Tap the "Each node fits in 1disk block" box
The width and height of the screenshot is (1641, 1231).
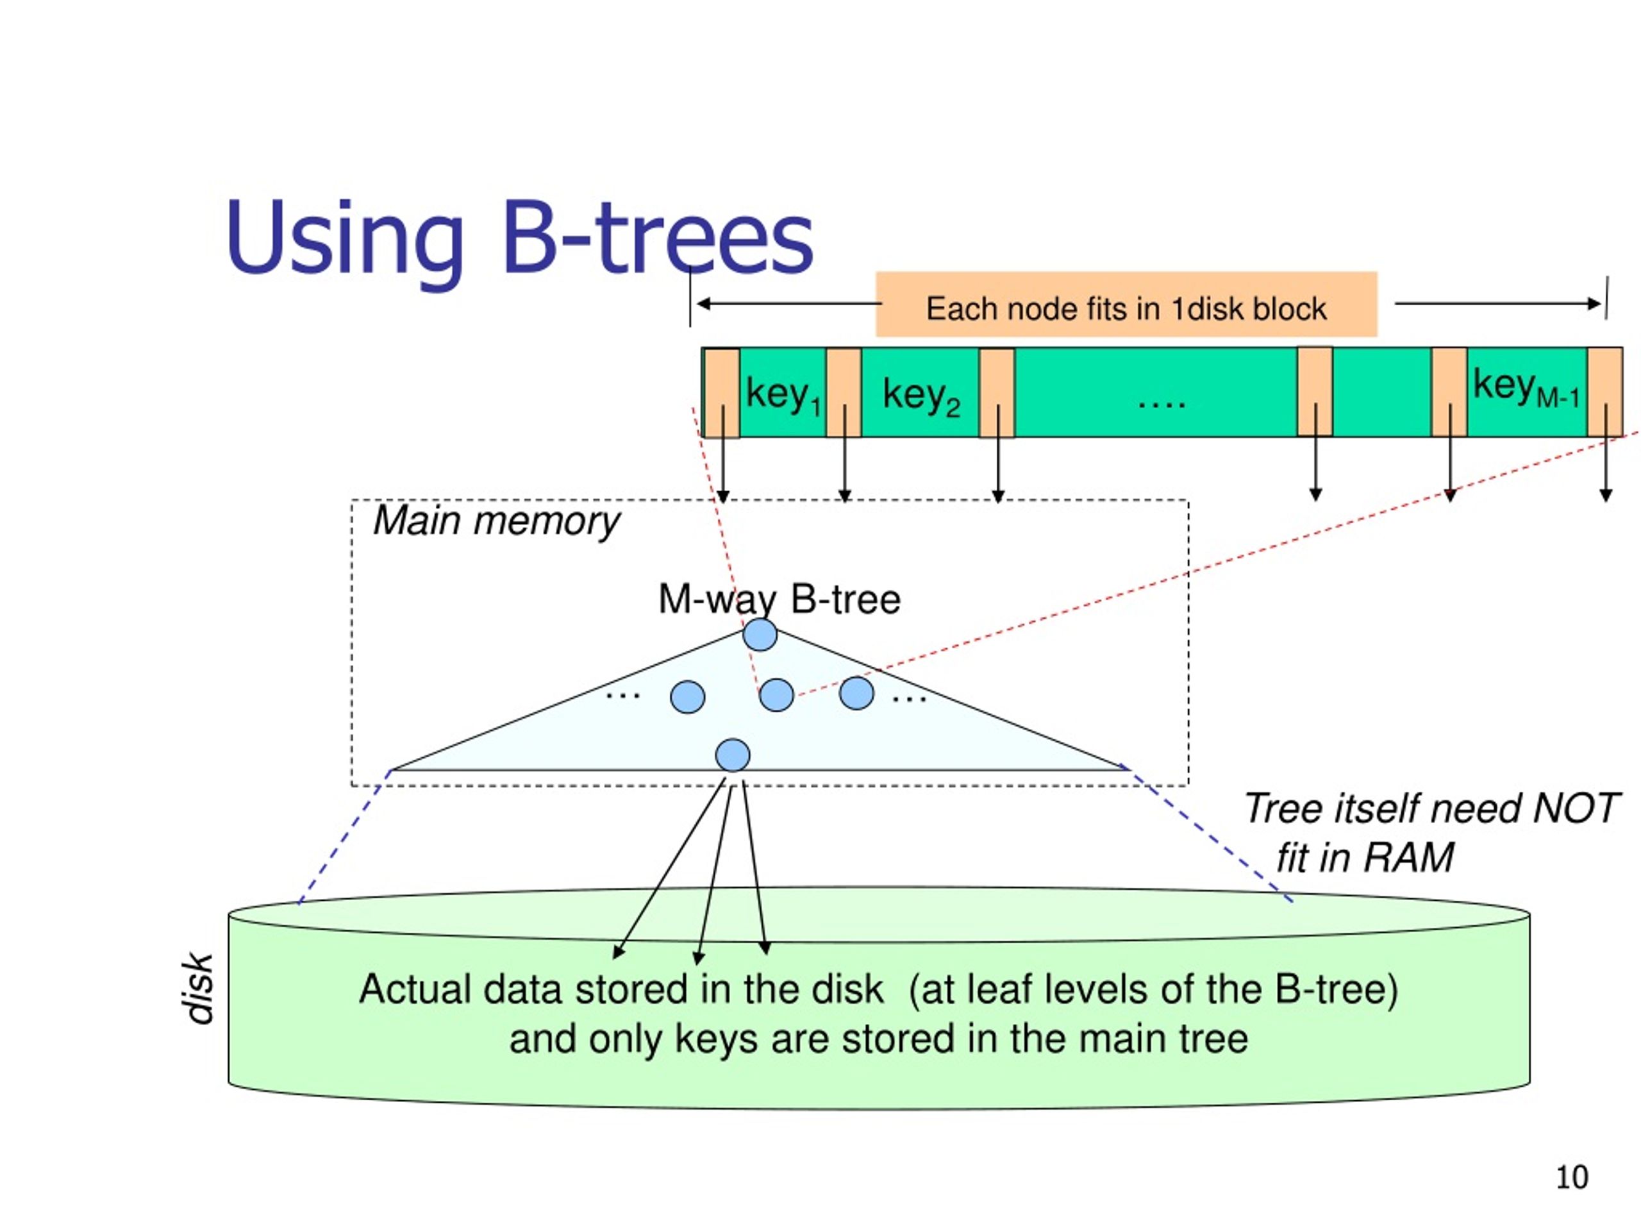(1126, 305)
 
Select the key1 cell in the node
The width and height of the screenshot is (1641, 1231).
(783, 393)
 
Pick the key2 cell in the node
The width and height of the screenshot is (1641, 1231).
(920, 393)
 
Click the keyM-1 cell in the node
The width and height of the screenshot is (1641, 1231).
(1527, 392)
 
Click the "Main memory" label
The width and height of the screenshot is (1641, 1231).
(496, 521)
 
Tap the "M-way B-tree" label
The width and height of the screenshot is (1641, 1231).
(779, 599)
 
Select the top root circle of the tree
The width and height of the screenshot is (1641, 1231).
(760, 635)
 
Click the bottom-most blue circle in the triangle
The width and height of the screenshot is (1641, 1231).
(733, 755)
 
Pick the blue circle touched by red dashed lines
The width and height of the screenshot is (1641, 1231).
(777, 695)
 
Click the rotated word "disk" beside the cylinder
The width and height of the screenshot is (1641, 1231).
(199, 989)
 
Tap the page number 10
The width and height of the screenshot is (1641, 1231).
(1571, 1178)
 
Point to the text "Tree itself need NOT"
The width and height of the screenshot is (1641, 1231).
(1430, 808)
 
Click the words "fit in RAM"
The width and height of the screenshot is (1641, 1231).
(1365, 858)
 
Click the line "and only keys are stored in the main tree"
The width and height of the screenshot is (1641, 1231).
(878, 1039)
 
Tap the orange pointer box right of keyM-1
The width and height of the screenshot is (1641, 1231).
(1604, 392)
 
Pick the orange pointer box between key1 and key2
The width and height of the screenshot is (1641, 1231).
(844, 392)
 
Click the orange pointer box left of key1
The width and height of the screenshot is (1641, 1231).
(722, 393)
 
